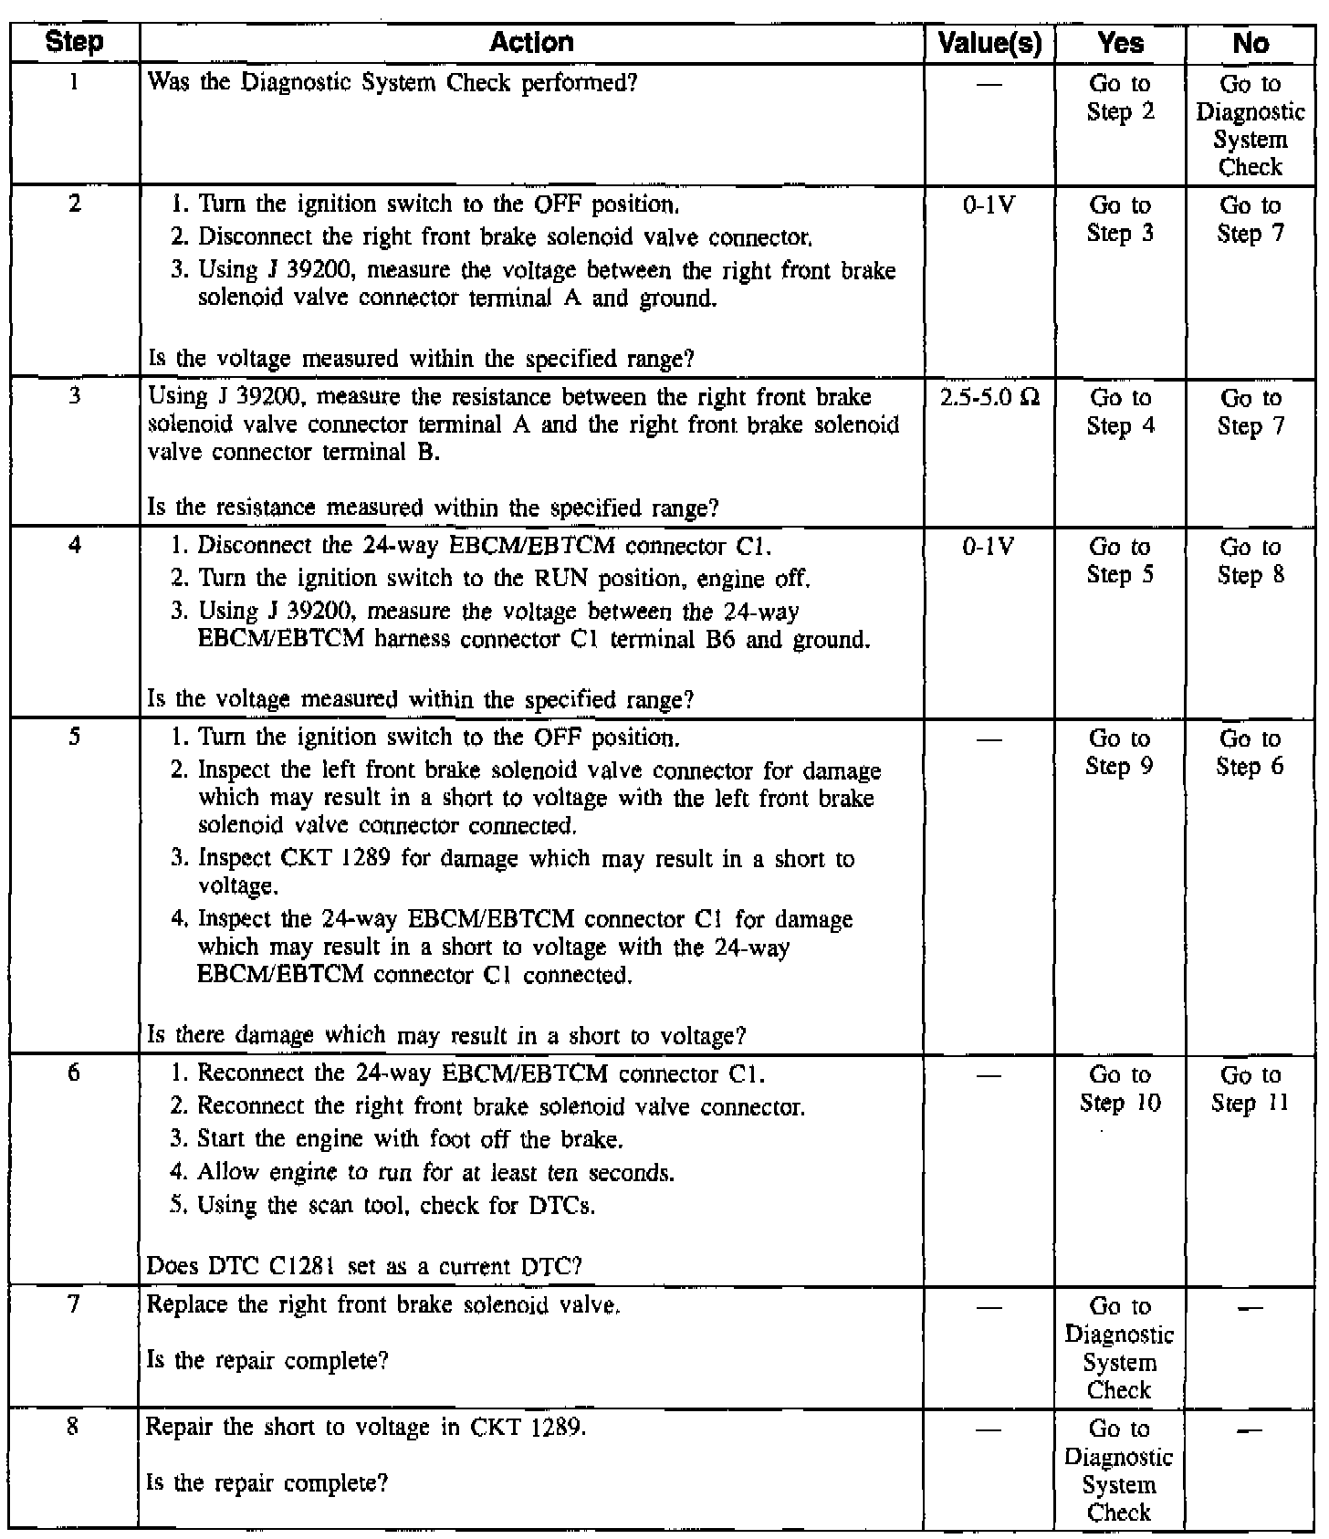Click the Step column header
(75, 42)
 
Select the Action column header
(531, 42)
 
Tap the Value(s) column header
(989, 43)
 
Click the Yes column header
(1120, 43)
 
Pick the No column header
(1250, 43)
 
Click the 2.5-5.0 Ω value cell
(989, 398)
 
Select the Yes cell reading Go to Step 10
(1120, 1089)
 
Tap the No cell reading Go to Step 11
(1250, 1089)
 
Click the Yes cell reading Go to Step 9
(1120, 752)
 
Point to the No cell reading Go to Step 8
(1250, 560)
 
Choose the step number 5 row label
(75, 737)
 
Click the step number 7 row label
(75, 1304)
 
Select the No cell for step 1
(1250, 125)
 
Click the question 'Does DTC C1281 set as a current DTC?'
(364, 1266)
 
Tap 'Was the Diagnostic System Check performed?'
(392, 83)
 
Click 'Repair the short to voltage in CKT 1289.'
(366, 1427)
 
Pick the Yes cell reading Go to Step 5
(1120, 560)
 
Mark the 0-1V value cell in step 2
(989, 205)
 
